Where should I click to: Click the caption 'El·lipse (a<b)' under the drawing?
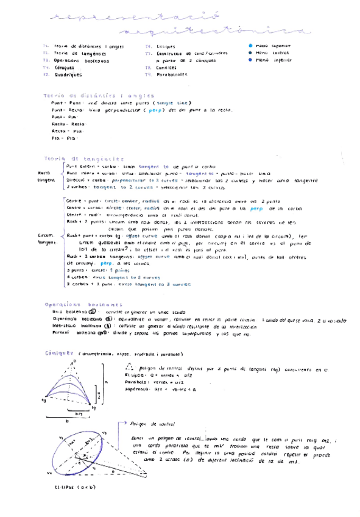pyautogui.click(x=71, y=487)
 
